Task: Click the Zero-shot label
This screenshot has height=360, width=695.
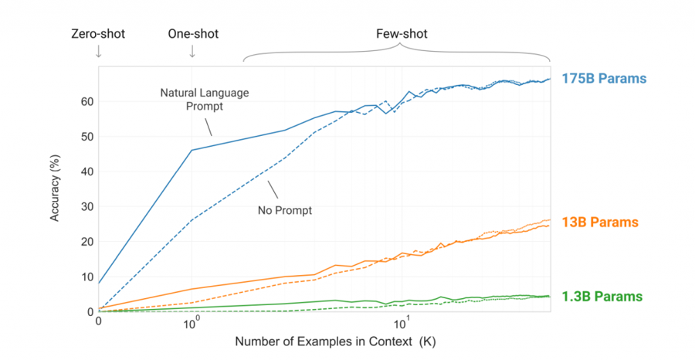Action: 97,34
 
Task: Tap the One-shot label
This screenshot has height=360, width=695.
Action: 192,34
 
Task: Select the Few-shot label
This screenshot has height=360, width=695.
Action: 402,34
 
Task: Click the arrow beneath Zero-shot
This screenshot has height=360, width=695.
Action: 98,52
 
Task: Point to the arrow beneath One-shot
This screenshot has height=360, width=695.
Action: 192,52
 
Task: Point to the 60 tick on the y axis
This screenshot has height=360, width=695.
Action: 86,101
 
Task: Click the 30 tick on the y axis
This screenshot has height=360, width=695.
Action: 86,206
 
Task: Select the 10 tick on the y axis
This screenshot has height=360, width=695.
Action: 86,277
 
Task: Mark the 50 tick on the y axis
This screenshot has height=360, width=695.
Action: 86,137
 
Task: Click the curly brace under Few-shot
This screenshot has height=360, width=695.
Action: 398,53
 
